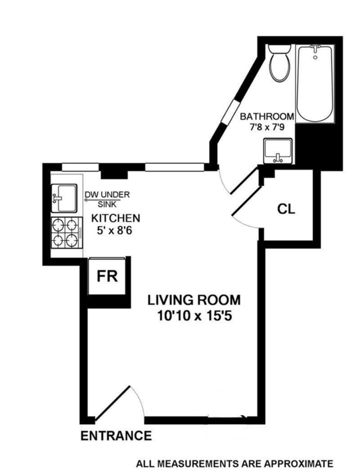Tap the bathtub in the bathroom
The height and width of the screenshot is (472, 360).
[x=315, y=83]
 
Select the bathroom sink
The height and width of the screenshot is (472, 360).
[x=278, y=151]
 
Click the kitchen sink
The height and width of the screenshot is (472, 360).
[x=63, y=198]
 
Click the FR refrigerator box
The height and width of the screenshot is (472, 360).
[x=107, y=276]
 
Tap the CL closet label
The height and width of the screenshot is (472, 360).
[x=286, y=209]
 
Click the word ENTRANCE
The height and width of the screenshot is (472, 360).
[x=116, y=436]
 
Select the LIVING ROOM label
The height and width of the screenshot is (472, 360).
[x=194, y=300]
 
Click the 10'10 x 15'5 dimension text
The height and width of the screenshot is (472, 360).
[x=194, y=316]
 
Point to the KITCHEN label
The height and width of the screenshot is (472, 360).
[x=116, y=218]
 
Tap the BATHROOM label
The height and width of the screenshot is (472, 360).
[x=266, y=116]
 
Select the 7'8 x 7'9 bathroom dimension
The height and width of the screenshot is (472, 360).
[x=267, y=127]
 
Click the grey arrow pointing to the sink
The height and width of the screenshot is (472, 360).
[x=91, y=200]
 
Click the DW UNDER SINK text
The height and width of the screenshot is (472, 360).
[x=107, y=199]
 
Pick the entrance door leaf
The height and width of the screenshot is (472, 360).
[x=112, y=403]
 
